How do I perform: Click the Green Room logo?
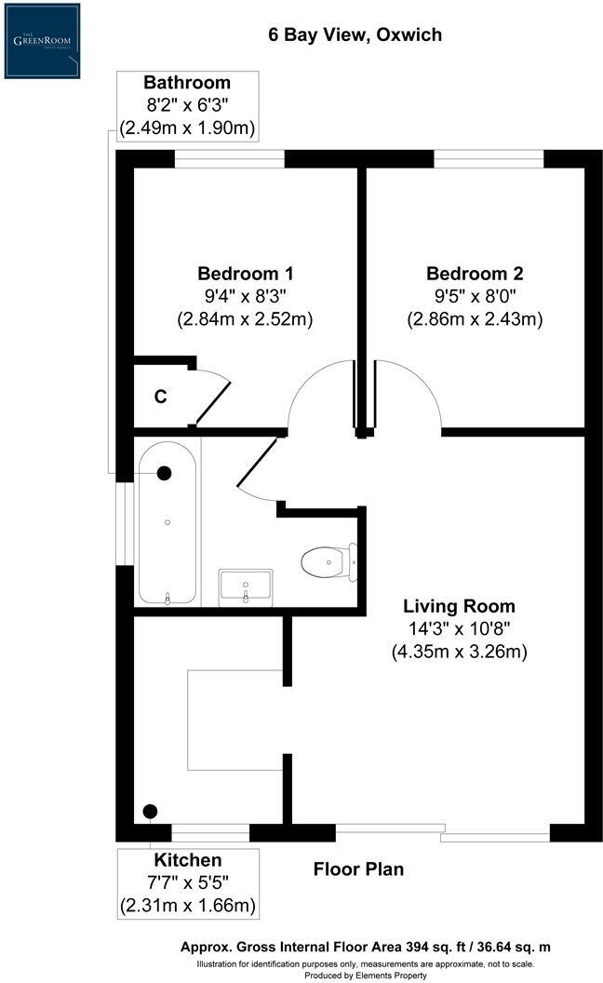point(42,40)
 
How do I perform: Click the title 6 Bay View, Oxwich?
point(354,35)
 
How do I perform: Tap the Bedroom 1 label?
point(246,274)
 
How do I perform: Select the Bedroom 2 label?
point(475,274)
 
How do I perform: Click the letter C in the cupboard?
point(160,397)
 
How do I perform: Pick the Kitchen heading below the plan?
point(188,859)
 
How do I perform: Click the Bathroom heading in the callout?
point(188,83)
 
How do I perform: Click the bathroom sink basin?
point(246,586)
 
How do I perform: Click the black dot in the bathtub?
point(165,473)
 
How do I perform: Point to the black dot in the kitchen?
point(150,811)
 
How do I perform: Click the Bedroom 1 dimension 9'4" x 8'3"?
point(246,296)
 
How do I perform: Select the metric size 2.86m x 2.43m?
point(475,318)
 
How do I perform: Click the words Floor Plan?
point(358,869)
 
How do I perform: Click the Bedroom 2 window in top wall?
point(489,158)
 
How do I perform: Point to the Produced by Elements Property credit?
point(365,975)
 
